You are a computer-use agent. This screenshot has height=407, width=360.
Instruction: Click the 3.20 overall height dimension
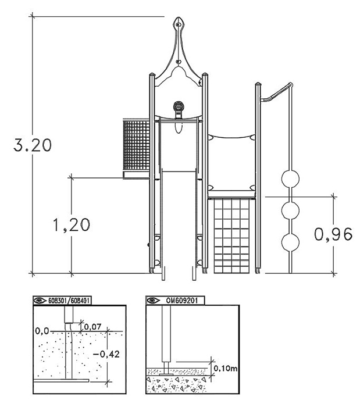point(33,145)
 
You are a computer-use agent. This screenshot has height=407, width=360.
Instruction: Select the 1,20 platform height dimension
point(72,225)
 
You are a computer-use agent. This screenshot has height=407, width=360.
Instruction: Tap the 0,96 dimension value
point(333,234)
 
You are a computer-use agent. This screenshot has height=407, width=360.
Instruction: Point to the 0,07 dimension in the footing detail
point(92,327)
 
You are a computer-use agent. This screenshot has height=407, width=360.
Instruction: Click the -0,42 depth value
point(106,354)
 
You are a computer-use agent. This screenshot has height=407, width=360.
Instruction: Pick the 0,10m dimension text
point(225,368)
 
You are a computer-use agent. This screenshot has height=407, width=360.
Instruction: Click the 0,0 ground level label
point(42,331)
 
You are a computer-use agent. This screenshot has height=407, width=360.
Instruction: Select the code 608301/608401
point(69,301)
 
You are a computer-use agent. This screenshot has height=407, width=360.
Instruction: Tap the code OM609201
point(182,301)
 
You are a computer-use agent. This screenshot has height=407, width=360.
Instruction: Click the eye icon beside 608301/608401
point(40,301)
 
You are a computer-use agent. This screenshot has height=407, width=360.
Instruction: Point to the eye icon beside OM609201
point(153,301)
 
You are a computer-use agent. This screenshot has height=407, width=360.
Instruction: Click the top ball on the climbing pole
point(290,178)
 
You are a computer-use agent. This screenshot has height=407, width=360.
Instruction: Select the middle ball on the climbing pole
point(290,210)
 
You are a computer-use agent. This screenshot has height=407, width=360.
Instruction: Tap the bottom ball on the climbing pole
point(290,242)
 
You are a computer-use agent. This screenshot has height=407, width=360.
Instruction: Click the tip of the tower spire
point(178,17)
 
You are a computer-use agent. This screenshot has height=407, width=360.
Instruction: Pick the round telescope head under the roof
point(179,106)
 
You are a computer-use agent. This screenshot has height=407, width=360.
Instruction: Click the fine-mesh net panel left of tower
point(136,145)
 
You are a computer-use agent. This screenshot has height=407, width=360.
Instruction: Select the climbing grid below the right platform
point(232,235)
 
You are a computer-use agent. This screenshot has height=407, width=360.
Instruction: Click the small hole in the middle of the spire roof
point(178,62)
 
